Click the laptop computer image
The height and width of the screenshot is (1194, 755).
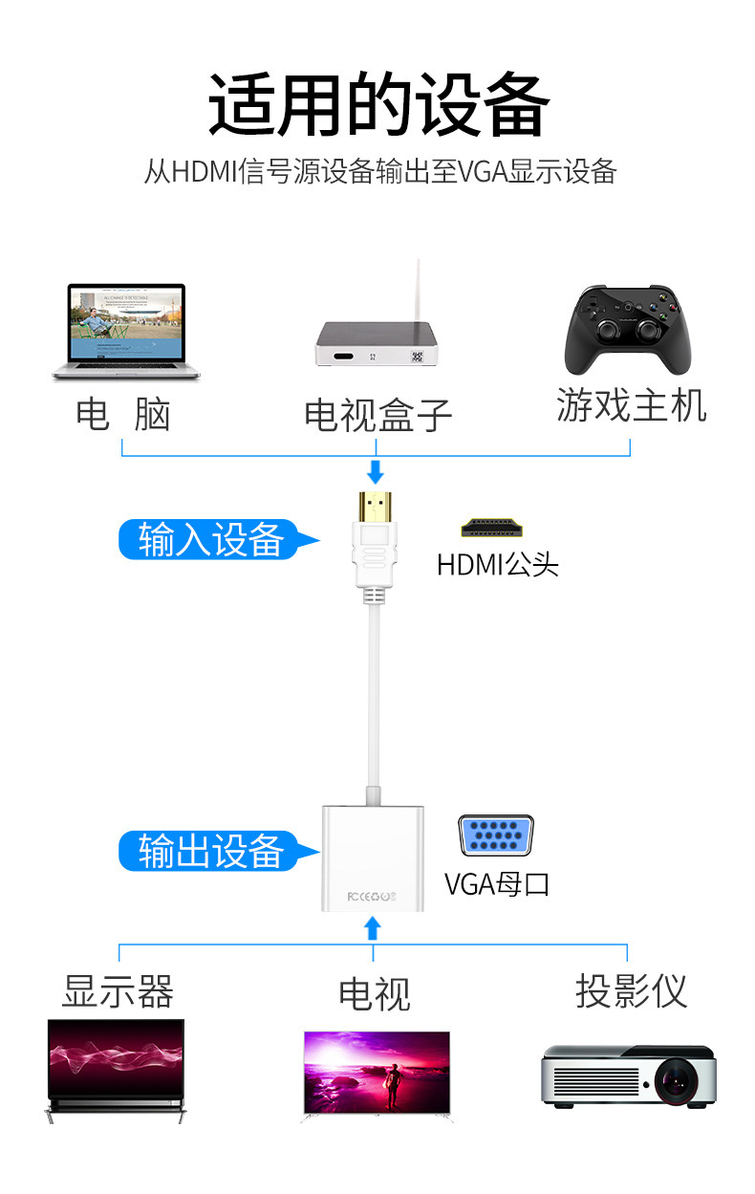click(126, 331)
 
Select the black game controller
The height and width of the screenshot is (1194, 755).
click(628, 330)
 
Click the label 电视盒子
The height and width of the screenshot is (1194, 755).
click(377, 415)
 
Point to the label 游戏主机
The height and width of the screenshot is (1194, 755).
click(632, 405)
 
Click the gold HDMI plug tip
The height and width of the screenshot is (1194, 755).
click(375, 507)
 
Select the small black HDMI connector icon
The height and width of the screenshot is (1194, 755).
click(491, 527)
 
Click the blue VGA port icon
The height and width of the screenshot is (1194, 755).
click(495, 836)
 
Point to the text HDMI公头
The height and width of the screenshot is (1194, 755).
click(497, 565)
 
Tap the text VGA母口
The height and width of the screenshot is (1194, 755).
click(497, 884)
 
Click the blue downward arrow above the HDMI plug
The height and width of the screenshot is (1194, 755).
click(376, 471)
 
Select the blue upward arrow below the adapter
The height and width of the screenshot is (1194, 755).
click(373, 928)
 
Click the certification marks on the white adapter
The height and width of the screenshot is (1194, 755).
click(372, 897)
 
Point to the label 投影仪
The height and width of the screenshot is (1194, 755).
click(632, 991)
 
